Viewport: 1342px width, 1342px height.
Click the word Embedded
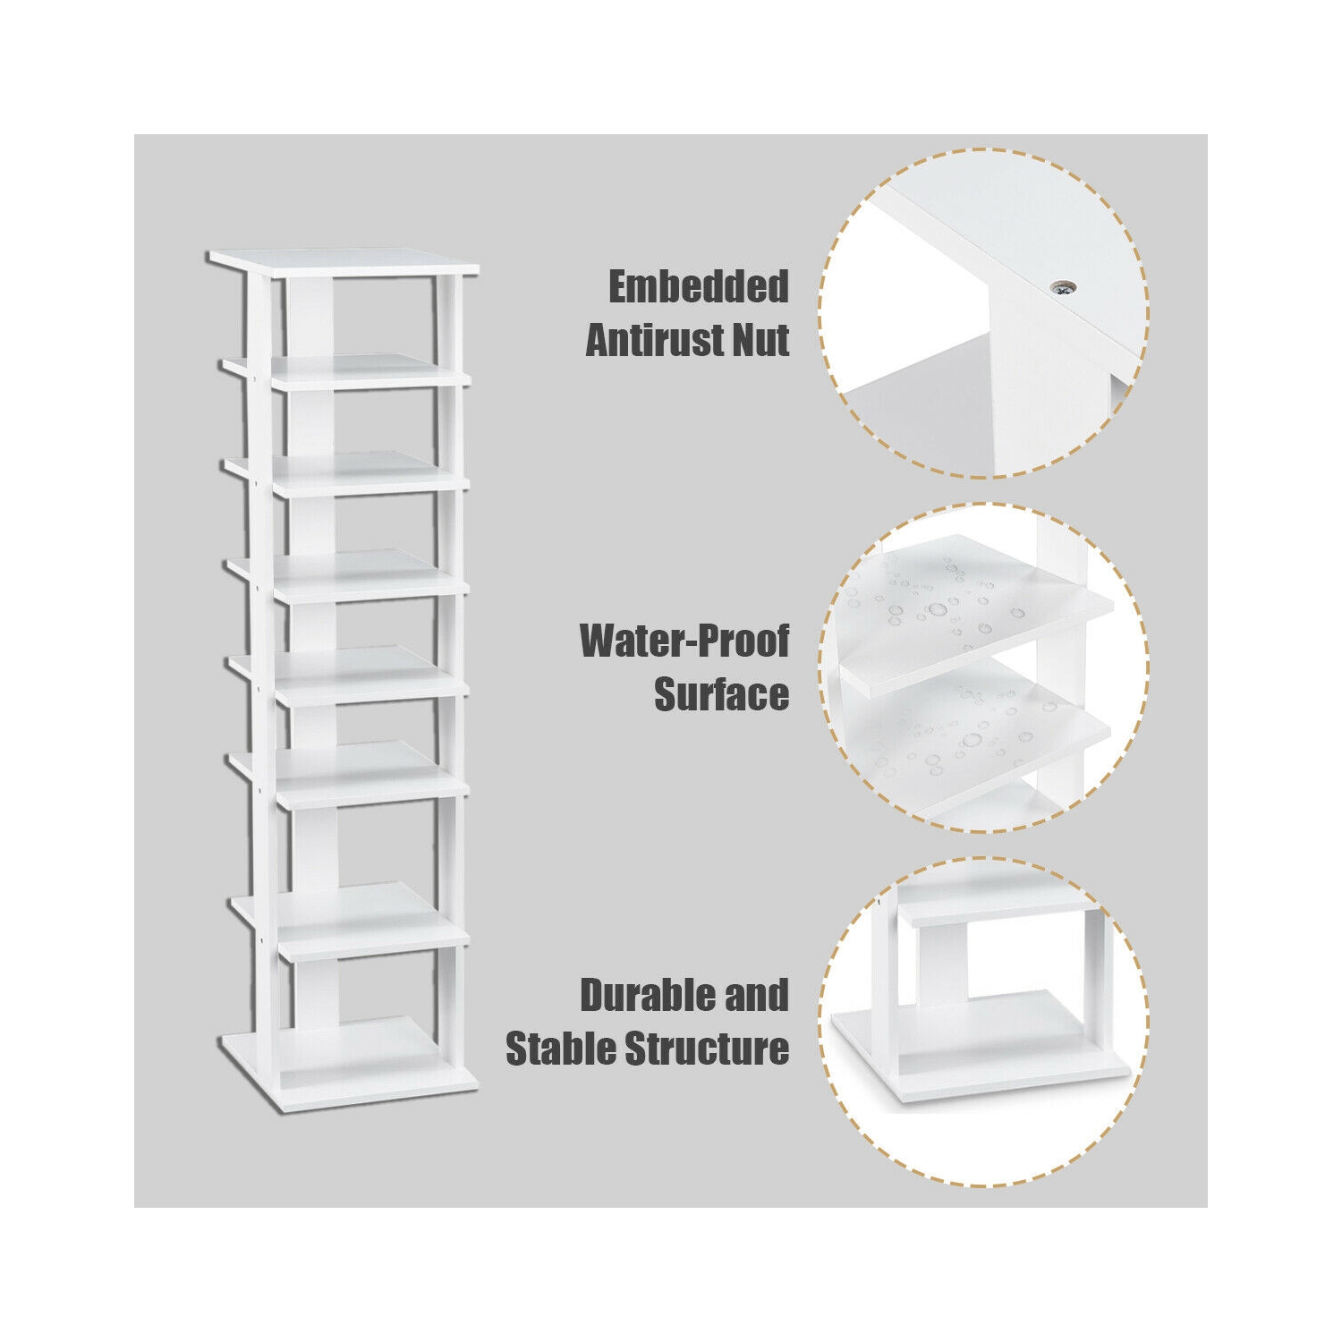coord(698,287)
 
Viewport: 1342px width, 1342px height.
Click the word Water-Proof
coord(684,641)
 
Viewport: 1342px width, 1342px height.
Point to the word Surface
coord(721,694)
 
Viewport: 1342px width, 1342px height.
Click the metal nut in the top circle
coord(1063,286)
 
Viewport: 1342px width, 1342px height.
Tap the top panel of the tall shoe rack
coord(344,260)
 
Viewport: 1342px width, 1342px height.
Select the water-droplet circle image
coord(984,667)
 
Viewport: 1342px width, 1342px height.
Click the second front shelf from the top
coord(371,481)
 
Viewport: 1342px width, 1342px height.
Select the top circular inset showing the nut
coord(984,313)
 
